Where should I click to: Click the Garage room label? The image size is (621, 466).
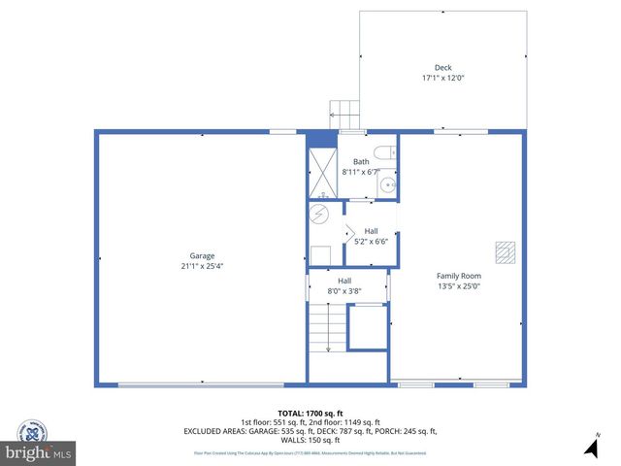[202, 255]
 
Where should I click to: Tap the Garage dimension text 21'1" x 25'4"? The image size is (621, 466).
[202, 265]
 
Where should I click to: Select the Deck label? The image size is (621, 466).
[442, 68]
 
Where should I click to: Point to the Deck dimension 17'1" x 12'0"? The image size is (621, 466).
[442, 78]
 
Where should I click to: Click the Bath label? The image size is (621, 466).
[361, 161]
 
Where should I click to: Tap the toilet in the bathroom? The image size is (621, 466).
[387, 151]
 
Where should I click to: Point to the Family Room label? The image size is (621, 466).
[459, 276]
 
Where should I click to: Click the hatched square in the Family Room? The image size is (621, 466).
[503, 252]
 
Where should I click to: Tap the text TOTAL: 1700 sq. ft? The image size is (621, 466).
[310, 413]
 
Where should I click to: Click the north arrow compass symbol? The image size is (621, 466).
[591, 447]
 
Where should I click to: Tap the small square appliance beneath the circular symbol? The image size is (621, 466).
[319, 255]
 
